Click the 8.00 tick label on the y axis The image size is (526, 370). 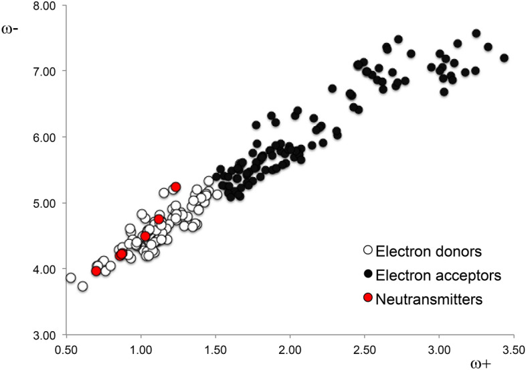[x=46, y=6]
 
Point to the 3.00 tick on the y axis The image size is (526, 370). [x=46, y=334]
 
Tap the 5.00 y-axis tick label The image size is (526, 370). [x=46, y=203]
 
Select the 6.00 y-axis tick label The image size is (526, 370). [x=46, y=137]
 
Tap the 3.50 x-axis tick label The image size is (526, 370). [x=513, y=349]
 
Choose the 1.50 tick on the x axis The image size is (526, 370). [x=215, y=349]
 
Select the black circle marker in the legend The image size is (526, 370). [x=367, y=275]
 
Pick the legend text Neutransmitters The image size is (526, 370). [x=420, y=300]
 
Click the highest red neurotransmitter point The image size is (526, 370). [x=176, y=187]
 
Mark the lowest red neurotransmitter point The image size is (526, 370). [x=96, y=271]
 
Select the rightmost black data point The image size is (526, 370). [x=505, y=58]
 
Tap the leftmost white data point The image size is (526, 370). [x=70, y=277]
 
